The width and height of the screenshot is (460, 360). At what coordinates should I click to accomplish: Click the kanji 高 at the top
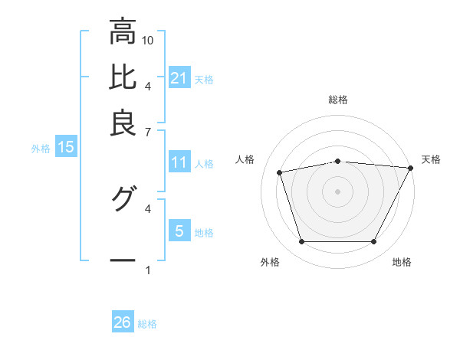pos(123,32)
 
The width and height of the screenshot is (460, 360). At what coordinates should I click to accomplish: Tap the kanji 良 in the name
pos(123,121)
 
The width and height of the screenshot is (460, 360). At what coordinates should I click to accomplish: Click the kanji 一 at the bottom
pos(123,260)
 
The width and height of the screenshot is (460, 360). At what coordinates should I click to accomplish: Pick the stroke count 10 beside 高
pos(148,40)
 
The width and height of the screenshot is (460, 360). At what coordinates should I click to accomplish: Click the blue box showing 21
pos(179,77)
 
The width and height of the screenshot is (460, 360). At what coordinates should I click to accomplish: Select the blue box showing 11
pos(179,162)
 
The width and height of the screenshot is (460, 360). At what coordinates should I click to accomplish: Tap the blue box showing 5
pos(179,231)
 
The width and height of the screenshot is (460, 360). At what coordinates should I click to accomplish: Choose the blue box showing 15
pos(65,148)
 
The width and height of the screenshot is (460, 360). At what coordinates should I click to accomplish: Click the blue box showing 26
pos(122,322)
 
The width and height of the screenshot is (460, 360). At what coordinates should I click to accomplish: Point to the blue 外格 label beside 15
pos(41,149)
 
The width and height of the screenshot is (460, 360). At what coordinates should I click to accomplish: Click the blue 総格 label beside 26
pos(147,324)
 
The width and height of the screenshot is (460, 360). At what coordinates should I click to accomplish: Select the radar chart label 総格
pos(338,100)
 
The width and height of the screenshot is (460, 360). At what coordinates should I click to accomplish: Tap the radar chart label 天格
pos(431,159)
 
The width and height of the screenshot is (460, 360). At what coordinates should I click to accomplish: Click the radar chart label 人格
pos(245,159)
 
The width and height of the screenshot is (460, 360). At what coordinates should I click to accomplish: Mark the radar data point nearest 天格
pos(411,168)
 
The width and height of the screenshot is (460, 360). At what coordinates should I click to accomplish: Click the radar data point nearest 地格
pos(373,242)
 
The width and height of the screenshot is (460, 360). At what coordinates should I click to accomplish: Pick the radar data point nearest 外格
pos(301,242)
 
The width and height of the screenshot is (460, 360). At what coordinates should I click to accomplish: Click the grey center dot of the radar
pos(337,191)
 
